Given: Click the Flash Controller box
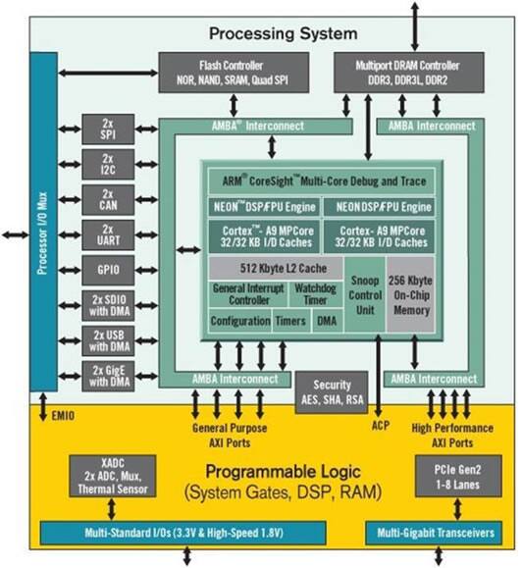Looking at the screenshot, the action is (234, 73).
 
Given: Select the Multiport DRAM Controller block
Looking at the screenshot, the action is (408, 73).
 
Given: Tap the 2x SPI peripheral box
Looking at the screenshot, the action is (108, 129).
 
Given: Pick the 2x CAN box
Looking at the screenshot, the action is (108, 199).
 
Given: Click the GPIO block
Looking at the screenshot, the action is (108, 270).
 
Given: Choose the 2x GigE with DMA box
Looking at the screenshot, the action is (108, 376).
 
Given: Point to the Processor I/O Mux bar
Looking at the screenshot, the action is (43, 222).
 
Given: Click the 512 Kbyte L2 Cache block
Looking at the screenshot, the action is (276, 269).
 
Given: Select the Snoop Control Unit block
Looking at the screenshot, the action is (365, 294).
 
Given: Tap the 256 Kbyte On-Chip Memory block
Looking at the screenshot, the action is (410, 294).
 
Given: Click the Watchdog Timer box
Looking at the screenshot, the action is (316, 294).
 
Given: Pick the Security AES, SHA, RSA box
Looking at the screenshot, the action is (332, 392).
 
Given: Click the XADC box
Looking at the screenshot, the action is (112, 476).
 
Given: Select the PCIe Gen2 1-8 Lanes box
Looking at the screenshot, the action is (458, 476).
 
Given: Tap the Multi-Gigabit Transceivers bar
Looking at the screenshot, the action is (434, 533).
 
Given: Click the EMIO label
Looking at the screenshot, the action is (63, 416).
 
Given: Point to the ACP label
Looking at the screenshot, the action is (381, 426).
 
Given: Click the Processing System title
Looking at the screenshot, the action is (284, 33).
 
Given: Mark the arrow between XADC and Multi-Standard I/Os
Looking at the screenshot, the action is (112, 509).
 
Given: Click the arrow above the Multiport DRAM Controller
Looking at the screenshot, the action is (415, 26).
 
